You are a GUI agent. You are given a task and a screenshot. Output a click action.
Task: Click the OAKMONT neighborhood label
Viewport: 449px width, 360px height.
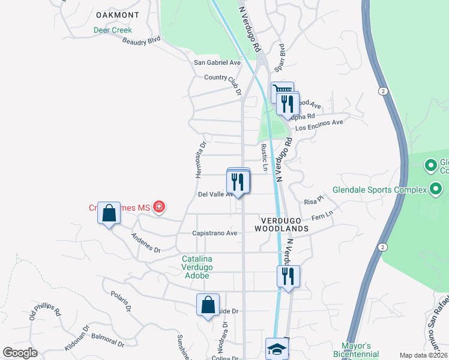[118, 15]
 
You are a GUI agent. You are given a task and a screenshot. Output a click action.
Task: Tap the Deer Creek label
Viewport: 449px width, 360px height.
[112, 30]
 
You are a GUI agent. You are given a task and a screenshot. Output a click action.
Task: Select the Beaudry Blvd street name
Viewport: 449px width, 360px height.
[141, 41]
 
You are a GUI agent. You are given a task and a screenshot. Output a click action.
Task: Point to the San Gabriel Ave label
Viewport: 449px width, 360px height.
[217, 62]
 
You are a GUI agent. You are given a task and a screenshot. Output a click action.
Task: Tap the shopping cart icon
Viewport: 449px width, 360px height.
[282, 92]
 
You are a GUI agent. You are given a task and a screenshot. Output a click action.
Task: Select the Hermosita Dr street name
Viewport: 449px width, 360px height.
[200, 160]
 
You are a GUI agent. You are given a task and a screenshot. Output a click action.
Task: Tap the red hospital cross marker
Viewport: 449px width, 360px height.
[159, 208]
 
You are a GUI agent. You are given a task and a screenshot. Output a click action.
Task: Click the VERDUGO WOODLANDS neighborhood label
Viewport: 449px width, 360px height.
[281, 224]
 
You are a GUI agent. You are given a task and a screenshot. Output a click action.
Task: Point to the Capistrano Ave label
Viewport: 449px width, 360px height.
[214, 233]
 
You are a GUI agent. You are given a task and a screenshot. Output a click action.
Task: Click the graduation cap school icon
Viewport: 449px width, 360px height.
[276, 348]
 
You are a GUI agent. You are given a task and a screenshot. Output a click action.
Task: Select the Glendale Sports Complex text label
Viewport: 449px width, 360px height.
[390, 190]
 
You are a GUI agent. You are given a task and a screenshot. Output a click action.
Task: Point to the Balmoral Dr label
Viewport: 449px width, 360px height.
[109, 340]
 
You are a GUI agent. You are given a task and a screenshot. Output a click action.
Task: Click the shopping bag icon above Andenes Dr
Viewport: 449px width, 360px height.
[109, 212]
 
